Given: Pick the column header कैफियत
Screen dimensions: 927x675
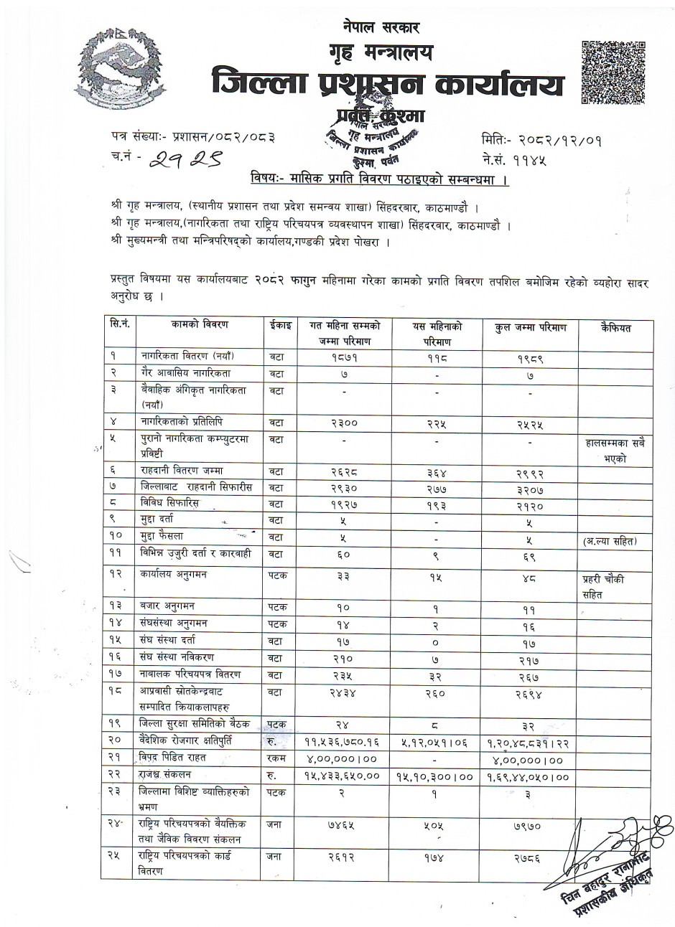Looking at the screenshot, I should (x=615, y=328).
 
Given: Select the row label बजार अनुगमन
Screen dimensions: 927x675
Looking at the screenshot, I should (x=168, y=606).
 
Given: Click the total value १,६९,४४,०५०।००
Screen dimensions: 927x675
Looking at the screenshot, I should (x=531, y=777).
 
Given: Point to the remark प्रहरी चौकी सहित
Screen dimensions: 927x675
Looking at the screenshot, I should (x=603, y=586).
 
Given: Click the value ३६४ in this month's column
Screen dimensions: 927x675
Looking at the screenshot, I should (x=437, y=473).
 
